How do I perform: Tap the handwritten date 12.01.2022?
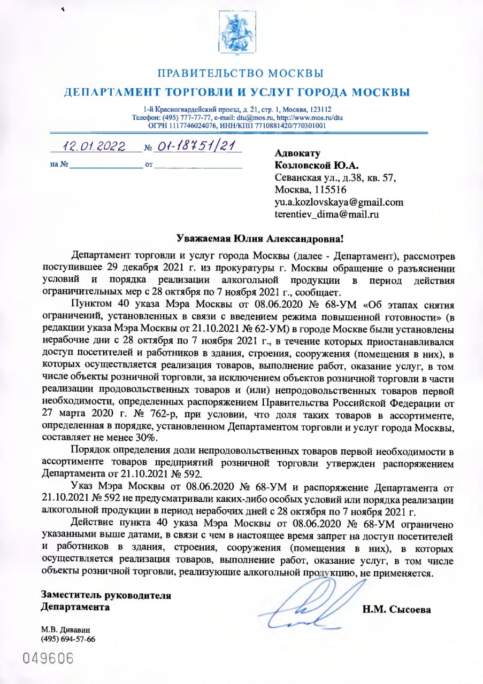tap(94, 145)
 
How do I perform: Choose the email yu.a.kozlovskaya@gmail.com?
tap(339, 202)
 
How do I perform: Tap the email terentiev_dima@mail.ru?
tap(327, 214)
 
